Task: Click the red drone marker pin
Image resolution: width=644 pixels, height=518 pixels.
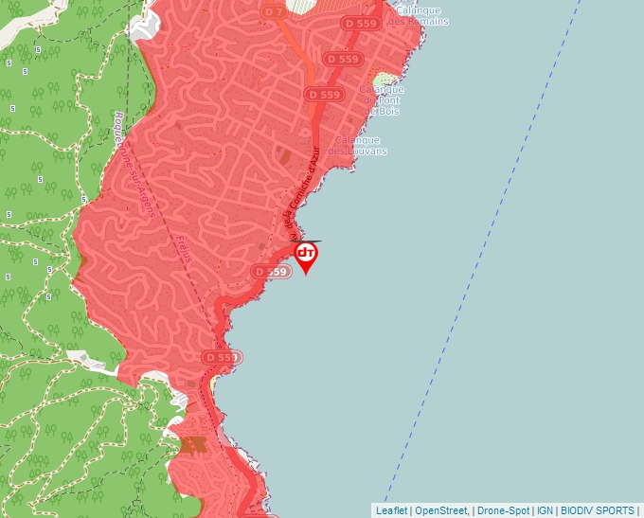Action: pyautogui.click(x=306, y=255)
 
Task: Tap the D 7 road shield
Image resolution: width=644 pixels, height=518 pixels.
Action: pyautogui.click(x=274, y=12)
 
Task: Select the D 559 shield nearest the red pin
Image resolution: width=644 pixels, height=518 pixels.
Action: pyautogui.click(x=270, y=272)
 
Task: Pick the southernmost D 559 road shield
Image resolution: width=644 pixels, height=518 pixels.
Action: pyautogui.click(x=221, y=357)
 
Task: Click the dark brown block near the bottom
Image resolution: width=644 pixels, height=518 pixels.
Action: pyautogui.click(x=194, y=444)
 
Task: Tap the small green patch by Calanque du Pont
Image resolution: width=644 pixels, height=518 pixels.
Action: pyautogui.click(x=384, y=82)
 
